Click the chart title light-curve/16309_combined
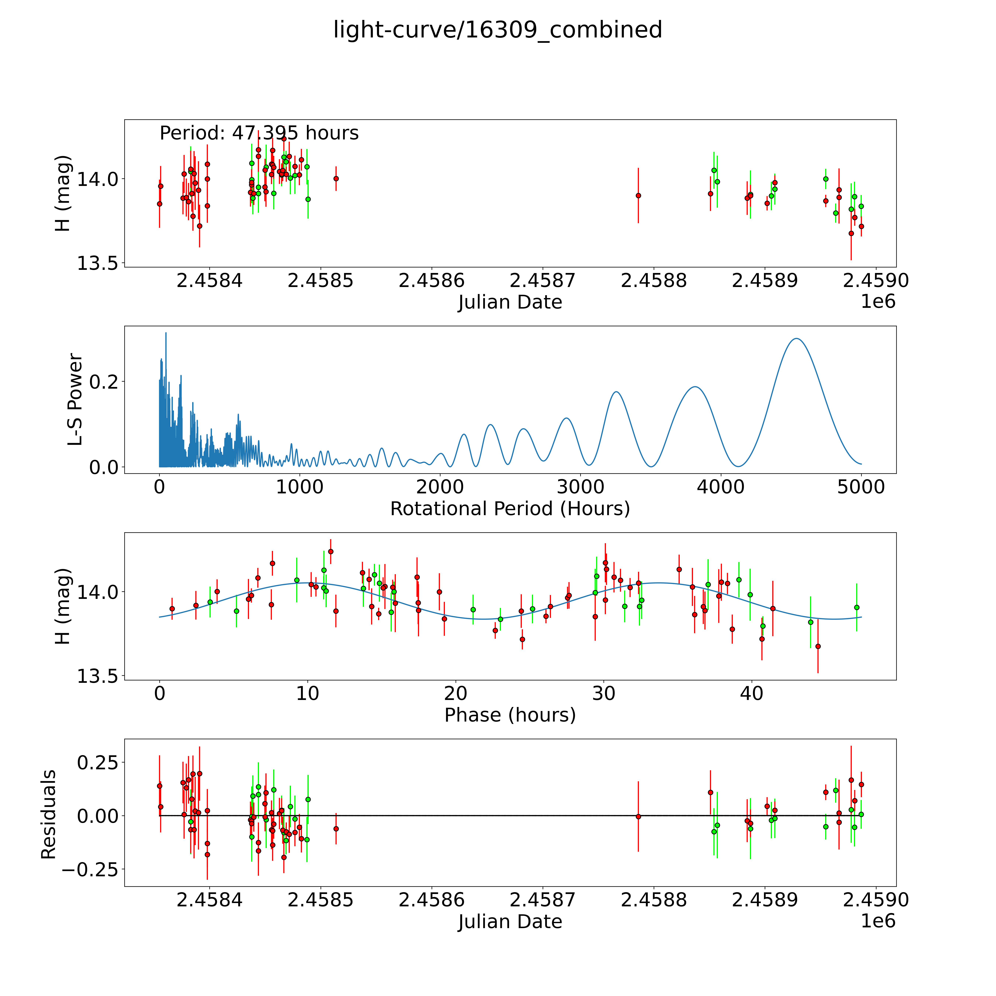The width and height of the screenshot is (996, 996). click(x=497, y=30)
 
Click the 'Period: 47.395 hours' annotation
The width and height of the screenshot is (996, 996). click(x=259, y=133)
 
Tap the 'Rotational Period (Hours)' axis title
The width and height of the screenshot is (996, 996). click(x=510, y=509)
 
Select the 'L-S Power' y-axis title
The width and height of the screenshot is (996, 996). click(x=75, y=400)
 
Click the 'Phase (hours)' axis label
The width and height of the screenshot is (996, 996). click(x=510, y=715)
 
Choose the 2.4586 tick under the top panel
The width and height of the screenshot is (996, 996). click(x=431, y=281)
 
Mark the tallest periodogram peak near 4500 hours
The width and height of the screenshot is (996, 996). click(x=796, y=339)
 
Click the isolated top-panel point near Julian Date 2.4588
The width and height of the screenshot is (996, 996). click(x=638, y=195)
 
